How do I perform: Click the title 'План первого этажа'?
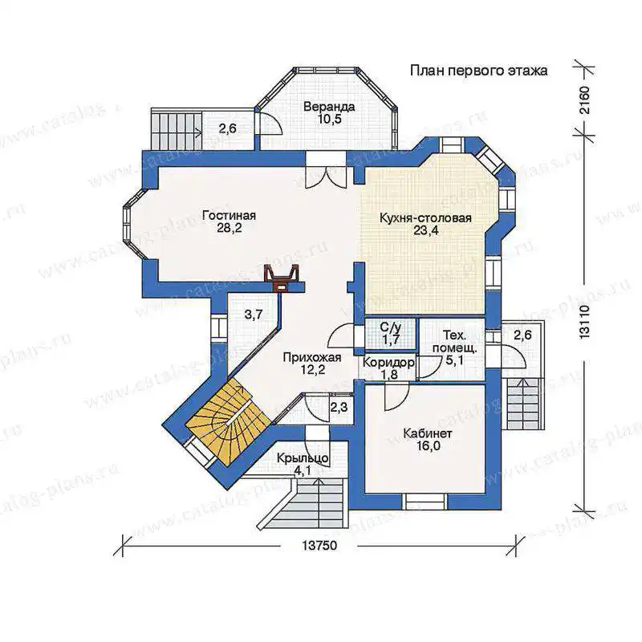(x=478, y=71)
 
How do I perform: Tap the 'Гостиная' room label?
(x=230, y=215)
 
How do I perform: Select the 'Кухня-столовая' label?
(x=425, y=217)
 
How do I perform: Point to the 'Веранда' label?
(x=329, y=107)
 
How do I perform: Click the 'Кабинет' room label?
(x=428, y=433)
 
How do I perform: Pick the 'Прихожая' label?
(x=312, y=357)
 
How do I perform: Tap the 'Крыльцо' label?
(x=303, y=457)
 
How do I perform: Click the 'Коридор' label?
(x=388, y=363)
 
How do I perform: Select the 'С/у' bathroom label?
(x=390, y=327)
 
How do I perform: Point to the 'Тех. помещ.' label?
(x=454, y=342)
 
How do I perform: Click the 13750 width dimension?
(x=319, y=546)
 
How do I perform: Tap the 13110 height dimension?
(x=585, y=322)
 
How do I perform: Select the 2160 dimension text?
(x=585, y=100)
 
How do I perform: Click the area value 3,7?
(x=254, y=315)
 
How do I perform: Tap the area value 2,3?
(x=339, y=407)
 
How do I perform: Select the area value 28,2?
(x=230, y=228)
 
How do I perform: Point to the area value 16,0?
(x=429, y=446)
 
